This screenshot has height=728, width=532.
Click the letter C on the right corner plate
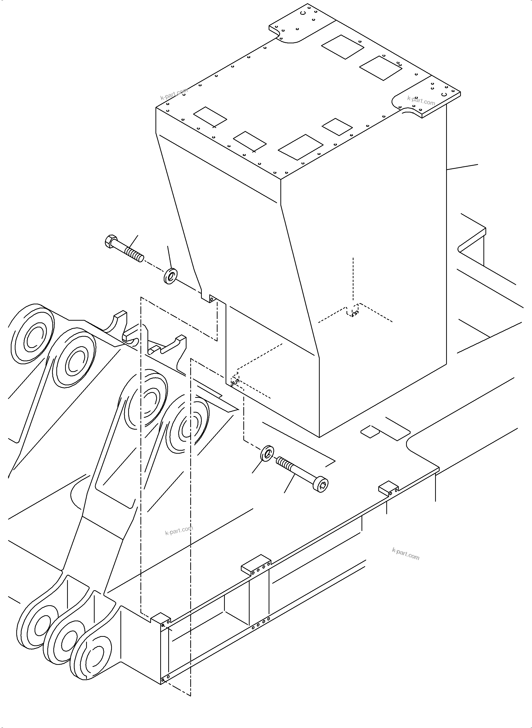coord(444,94)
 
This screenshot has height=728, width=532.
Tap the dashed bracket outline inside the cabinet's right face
coord(353,311)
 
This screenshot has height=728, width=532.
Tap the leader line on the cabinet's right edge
coord(462,167)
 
